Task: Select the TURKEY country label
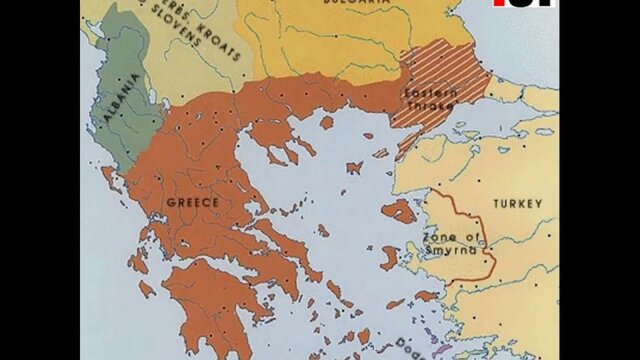(517, 204)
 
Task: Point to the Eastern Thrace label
(431, 97)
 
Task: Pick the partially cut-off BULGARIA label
(355, 4)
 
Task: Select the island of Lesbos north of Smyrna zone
(399, 211)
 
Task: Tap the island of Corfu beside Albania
(108, 179)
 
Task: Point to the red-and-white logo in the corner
(524, 3)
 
